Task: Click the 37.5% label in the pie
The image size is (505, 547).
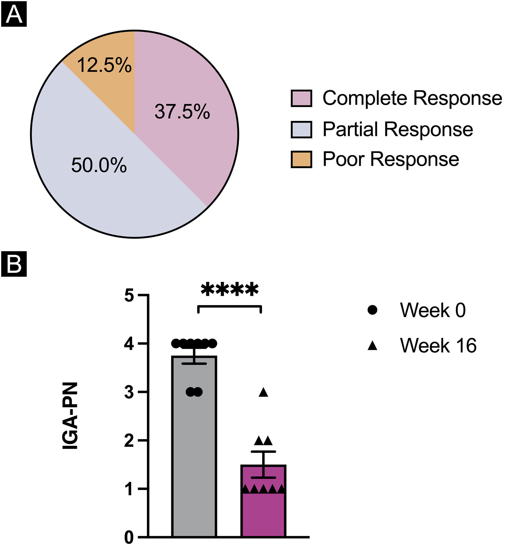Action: coord(182,112)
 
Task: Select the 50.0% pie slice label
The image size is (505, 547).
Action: coord(99,166)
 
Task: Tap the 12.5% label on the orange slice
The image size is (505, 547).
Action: coord(104,65)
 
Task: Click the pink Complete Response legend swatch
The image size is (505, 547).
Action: coord(301,98)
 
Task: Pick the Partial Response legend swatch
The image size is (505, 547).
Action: coord(301,129)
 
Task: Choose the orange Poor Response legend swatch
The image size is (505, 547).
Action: coord(301,159)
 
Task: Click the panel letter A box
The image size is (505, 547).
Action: coord(14,14)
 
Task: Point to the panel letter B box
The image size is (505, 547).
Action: coord(14,264)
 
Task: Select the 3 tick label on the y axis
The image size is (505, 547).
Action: coord(129,392)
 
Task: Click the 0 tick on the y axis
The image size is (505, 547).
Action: coord(129,537)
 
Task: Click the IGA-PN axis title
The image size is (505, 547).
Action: coord(70,416)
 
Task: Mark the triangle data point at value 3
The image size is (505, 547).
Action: coord(264,392)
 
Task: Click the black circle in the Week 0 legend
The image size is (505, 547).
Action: coord(373,310)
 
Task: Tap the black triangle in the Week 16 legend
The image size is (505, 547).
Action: coord(373,346)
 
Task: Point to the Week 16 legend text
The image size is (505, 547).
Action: coord(438,346)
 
